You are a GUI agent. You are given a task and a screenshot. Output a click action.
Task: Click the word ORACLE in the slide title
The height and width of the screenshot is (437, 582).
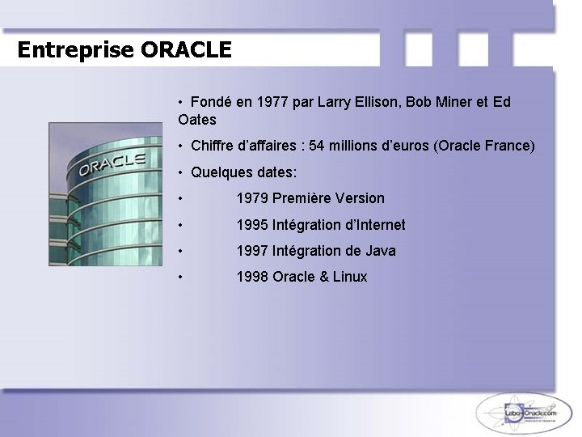pyautogui.click(x=186, y=50)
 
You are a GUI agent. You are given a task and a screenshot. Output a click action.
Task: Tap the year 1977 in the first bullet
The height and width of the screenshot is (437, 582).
pyautogui.click(x=274, y=103)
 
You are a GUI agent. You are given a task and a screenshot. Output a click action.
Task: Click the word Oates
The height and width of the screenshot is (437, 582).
pyautogui.click(x=197, y=120)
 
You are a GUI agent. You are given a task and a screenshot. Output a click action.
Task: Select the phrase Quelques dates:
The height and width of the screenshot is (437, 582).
pyautogui.click(x=243, y=172)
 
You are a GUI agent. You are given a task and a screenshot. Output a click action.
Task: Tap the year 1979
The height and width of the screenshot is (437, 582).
pyautogui.click(x=252, y=198)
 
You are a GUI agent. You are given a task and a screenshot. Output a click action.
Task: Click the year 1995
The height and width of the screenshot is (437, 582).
pyautogui.click(x=252, y=225)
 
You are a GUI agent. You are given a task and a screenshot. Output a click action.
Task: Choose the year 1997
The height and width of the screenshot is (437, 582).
pyautogui.click(x=252, y=251)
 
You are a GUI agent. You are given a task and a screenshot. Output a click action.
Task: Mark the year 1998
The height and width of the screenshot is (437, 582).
pyautogui.click(x=252, y=277)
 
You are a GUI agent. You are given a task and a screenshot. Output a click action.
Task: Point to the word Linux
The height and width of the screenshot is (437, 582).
pyautogui.click(x=349, y=277)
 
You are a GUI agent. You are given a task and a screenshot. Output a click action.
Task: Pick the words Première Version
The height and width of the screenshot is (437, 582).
pyautogui.click(x=329, y=198)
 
